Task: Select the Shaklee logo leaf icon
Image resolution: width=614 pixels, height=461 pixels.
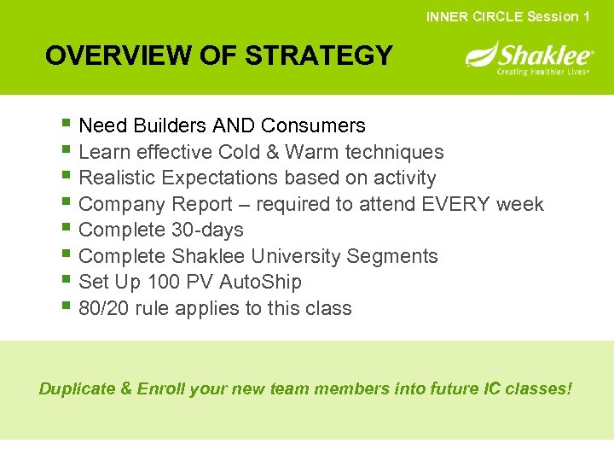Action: [x=480, y=57]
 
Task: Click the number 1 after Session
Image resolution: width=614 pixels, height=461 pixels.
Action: [x=586, y=16]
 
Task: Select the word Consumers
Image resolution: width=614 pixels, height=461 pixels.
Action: [x=313, y=125]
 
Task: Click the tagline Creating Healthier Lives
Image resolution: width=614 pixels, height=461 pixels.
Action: [x=544, y=72]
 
